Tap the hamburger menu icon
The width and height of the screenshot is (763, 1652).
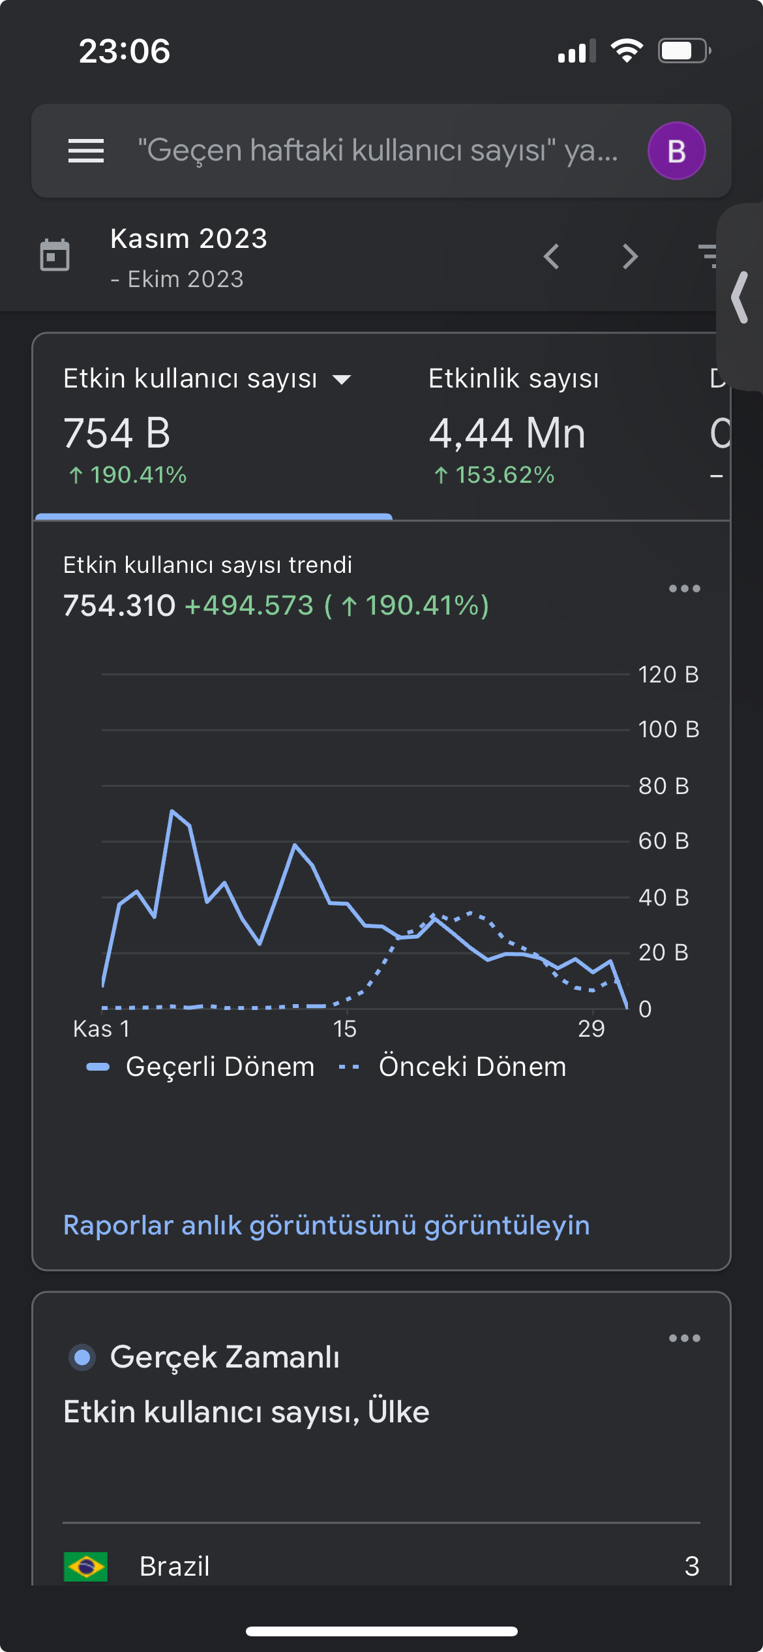point(86,151)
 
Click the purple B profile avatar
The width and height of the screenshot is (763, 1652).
point(676,151)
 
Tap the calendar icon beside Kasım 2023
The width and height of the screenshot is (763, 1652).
point(55,254)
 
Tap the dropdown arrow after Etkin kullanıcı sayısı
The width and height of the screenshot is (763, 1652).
point(342,379)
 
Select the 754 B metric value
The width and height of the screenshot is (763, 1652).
point(117,433)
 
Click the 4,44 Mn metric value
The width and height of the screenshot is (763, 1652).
point(507,433)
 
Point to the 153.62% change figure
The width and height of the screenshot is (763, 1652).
point(504,475)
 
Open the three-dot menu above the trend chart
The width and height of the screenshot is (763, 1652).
point(684,589)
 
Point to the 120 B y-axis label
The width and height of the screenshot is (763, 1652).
point(668,674)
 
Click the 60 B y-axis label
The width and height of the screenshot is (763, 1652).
point(663,841)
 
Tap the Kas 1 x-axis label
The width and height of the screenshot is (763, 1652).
point(102,1029)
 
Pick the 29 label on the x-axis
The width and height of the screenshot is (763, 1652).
point(591,1029)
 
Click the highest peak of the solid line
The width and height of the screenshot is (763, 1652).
point(172,811)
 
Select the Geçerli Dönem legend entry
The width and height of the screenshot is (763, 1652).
point(201,1067)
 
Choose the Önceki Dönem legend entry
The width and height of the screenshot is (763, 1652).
point(453,1067)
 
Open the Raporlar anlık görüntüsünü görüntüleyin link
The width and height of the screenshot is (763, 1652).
point(327,1225)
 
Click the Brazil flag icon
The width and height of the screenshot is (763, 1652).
point(85,1567)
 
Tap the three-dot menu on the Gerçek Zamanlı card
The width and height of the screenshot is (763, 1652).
point(684,1338)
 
